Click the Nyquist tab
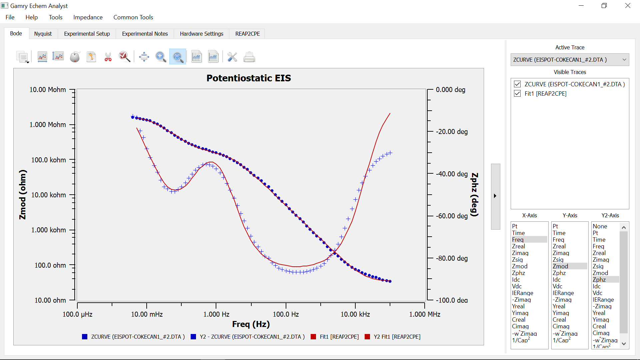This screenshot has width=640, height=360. point(43,34)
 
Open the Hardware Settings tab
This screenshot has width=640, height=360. point(201,34)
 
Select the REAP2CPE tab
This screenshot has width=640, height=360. point(247,34)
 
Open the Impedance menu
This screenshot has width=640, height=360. point(88,17)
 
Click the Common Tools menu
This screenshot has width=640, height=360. point(133,17)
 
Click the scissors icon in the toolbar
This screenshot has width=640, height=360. point(108,57)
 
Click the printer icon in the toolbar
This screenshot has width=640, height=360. point(249,57)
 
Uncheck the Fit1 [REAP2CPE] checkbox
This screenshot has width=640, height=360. point(517,94)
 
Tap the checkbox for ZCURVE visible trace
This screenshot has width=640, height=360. point(517,84)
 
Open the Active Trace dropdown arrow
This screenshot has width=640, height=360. point(624,60)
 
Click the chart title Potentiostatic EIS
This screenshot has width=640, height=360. point(248,78)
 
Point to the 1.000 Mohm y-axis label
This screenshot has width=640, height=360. point(48,125)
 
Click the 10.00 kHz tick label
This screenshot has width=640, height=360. point(355,314)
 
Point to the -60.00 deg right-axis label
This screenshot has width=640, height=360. point(452,216)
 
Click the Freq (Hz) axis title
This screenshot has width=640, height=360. point(251,324)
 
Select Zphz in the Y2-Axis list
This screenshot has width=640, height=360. point(599,280)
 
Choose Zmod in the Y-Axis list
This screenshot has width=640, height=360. point(560,266)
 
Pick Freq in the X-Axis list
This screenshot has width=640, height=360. point(518,240)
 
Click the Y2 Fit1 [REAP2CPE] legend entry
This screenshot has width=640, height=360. point(397,337)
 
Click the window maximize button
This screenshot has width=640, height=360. point(604,6)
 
